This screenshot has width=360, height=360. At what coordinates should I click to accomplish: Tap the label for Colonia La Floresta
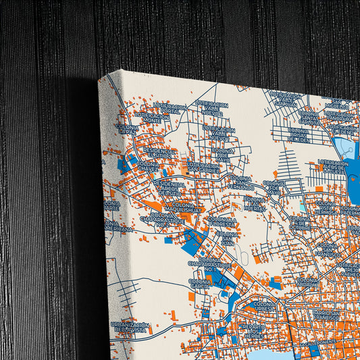(222, 223)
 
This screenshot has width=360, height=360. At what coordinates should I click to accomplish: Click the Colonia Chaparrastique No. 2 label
(161, 220)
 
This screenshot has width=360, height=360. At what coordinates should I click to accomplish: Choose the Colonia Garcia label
(200, 284)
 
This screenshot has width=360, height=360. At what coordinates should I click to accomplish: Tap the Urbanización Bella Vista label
(128, 328)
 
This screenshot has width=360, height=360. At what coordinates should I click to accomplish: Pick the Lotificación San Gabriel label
(203, 168)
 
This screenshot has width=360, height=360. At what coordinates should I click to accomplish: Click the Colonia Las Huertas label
(255, 204)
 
